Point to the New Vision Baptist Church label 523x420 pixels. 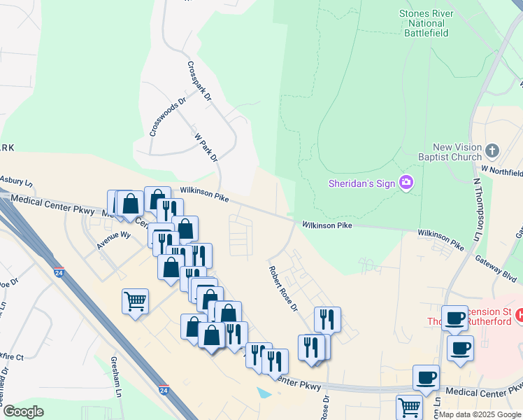(457, 152)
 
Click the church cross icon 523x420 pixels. (492, 150)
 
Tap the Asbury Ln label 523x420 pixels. (17, 181)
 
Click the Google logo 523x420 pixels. (23, 412)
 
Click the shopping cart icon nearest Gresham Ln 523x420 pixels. (135, 301)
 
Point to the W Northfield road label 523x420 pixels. (502, 171)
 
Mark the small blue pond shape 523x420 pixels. (264, 393)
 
